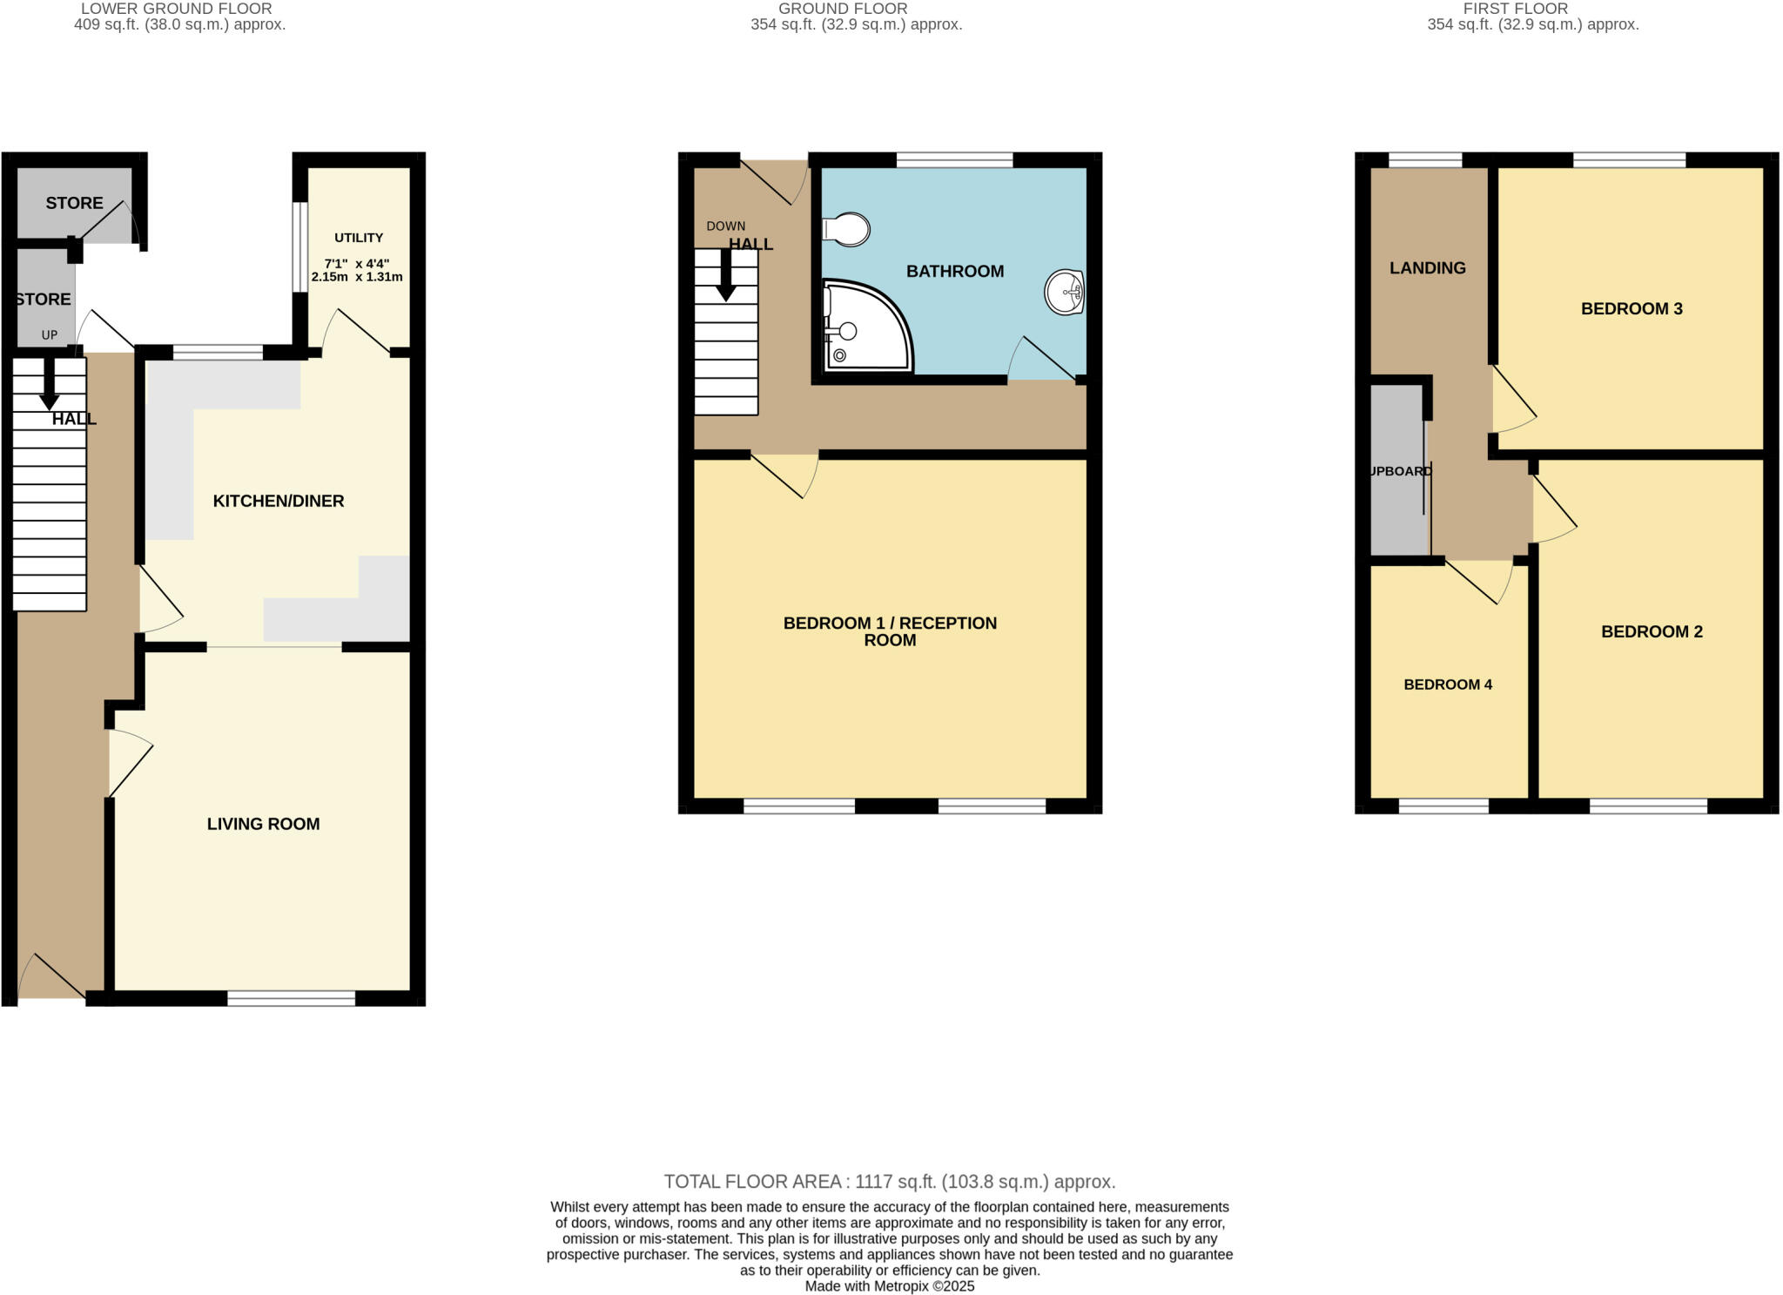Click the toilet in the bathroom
pyautogui.click(x=846, y=230)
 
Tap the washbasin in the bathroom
pyautogui.click(x=1064, y=292)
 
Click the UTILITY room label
pyautogui.click(x=359, y=238)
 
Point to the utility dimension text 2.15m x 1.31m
pyautogui.click(x=357, y=277)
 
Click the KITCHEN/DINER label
pyautogui.click(x=279, y=501)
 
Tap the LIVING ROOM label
pyautogui.click(x=263, y=824)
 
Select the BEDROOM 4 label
pyautogui.click(x=1448, y=685)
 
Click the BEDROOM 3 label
pyautogui.click(x=1632, y=308)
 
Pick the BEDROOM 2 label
pyautogui.click(x=1652, y=631)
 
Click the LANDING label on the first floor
pyautogui.click(x=1427, y=268)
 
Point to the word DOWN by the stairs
pyautogui.click(x=725, y=226)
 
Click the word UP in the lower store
pyautogui.click(x=50, y=335)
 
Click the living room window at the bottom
pyautogui.click(x=291, y=998)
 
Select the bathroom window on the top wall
pyautogui.click(x=954, y=159)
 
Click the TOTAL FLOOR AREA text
pyautogui.click(x=889, y=1182)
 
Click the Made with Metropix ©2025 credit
pyautogui.click(x=889, y=1286)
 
